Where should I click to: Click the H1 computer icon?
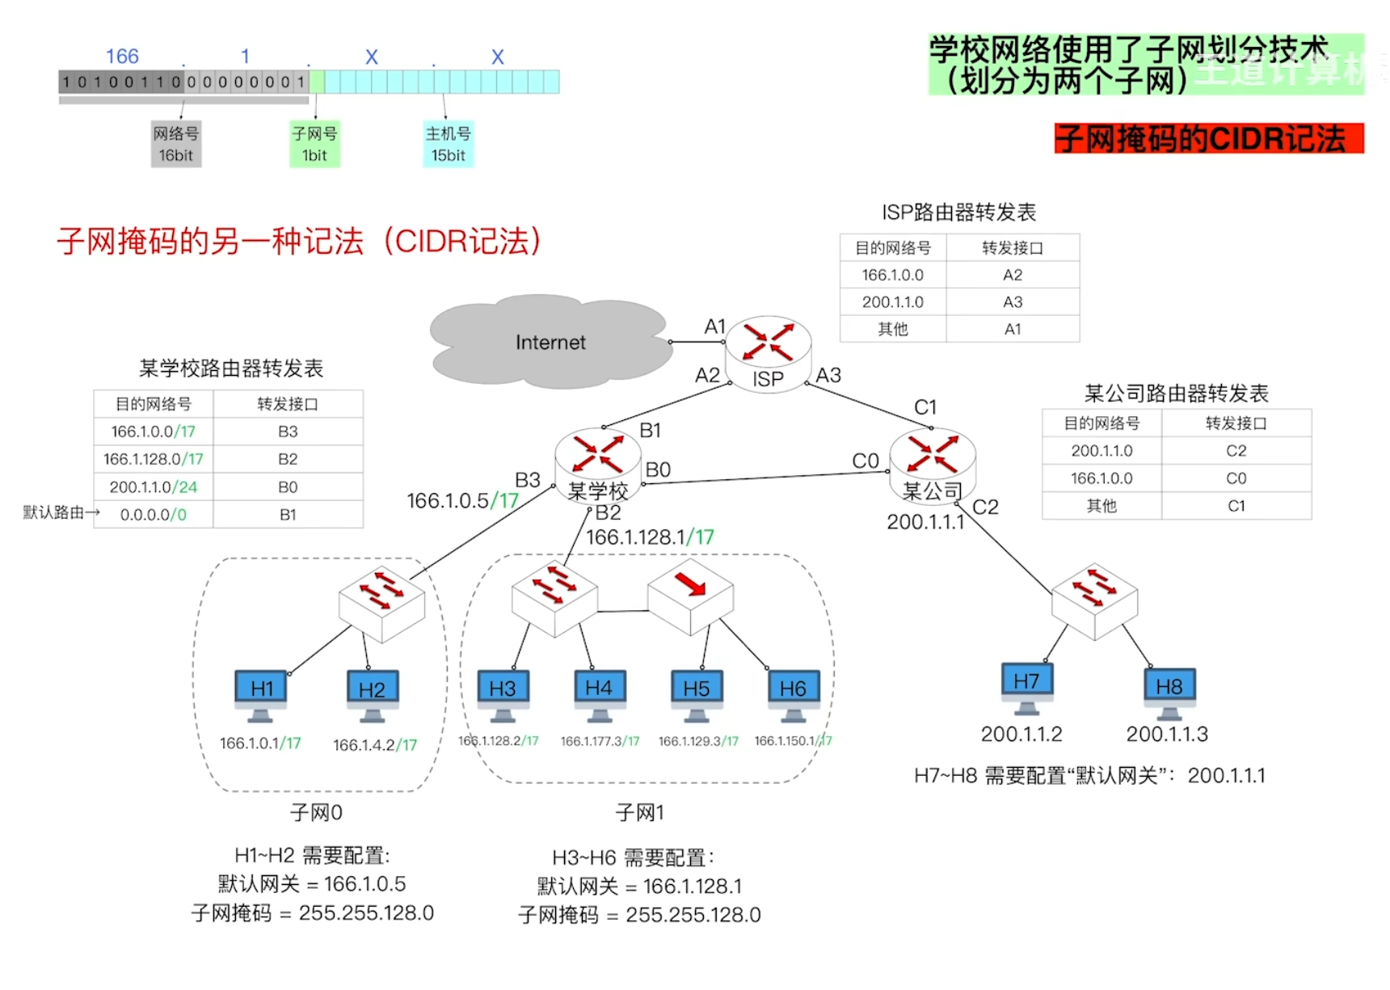point(260,693)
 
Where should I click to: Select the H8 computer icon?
point(1169,691)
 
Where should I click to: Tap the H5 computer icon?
point(697,693)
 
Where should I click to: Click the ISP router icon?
point(768,352)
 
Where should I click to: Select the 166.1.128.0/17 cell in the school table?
point(154,459)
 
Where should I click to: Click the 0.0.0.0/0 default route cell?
point(154,515)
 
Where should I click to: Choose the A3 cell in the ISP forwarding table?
point(1013,302)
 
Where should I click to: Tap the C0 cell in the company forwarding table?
point(1236,478)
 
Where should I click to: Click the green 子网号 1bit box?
point(314,144)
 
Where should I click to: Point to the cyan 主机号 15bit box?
point(448,144)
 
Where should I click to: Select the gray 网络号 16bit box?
point(175,144)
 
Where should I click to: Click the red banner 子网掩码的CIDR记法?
point(1208,139)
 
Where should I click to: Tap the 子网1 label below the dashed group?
point(639,812)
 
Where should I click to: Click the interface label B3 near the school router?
point(528,480)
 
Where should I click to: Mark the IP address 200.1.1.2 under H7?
point(1021,734)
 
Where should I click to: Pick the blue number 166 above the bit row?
point(122,57)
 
